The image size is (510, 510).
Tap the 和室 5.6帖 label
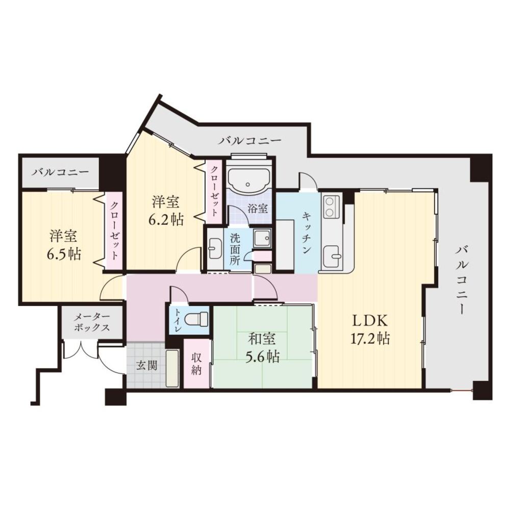click(263, 347)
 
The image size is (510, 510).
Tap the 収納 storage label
click(197, 363)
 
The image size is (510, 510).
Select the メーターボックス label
click(92, 322)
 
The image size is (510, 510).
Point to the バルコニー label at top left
click(60, 172)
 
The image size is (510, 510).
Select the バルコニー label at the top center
click(250, 140)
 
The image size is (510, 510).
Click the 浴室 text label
click(258, 208)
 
